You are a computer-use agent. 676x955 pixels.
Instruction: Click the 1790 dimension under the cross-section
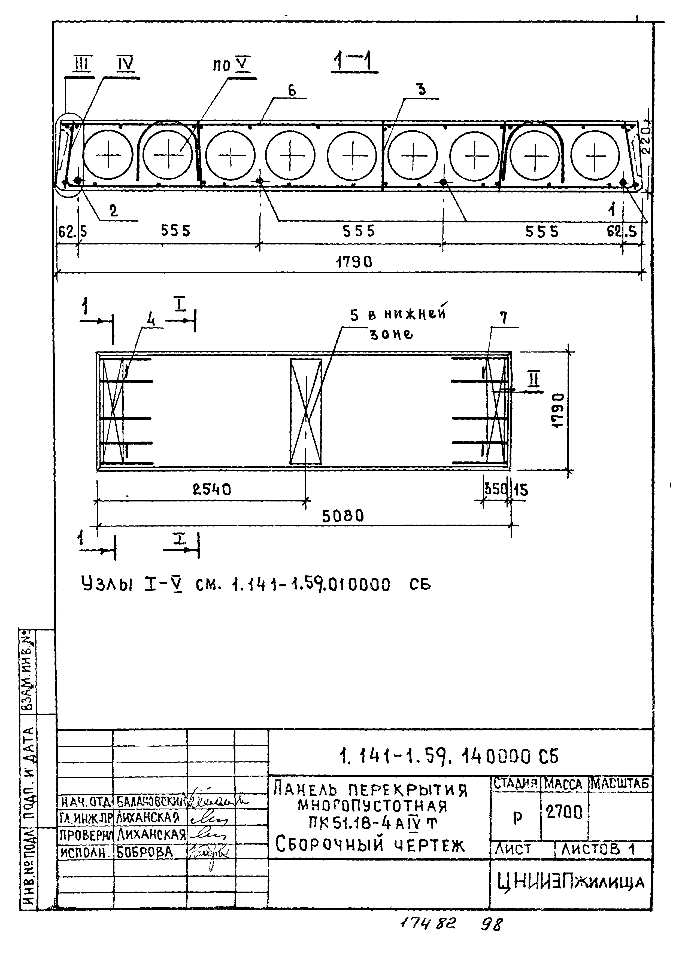coord(354,262)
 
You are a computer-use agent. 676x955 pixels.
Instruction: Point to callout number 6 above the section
coord(292,90)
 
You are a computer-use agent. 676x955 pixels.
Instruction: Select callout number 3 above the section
coord(422,89)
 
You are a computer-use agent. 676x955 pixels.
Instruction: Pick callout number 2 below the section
coord(114,211)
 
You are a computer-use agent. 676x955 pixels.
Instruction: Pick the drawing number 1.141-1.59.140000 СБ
coord(449,756)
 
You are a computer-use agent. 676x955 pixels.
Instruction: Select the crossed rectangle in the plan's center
coord(306,411)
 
